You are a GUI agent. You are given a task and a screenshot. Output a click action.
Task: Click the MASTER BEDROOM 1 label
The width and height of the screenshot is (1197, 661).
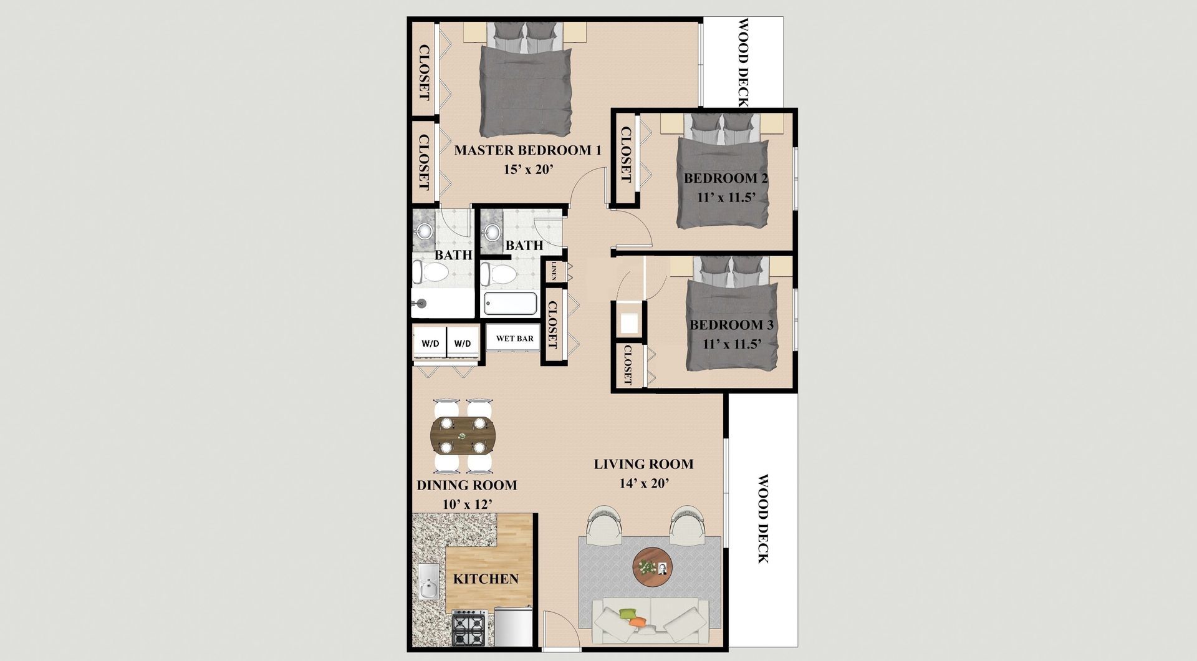coord(527,150)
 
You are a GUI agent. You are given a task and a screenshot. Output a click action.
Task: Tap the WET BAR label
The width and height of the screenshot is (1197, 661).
coord(515,339)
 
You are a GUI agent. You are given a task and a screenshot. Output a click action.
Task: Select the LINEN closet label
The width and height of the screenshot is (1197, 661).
coord(553,271)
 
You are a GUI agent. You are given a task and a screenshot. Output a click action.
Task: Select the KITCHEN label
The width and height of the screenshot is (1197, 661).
coord(486,579)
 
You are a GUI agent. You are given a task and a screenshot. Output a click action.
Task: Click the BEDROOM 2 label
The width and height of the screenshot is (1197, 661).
coord(726,178)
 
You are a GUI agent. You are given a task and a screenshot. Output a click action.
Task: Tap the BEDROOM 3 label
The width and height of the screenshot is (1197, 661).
coord(731,325)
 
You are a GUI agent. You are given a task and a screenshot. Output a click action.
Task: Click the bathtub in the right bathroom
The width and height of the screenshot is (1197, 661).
coord(511,303)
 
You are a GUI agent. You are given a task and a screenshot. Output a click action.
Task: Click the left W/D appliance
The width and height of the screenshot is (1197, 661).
coord(430,343)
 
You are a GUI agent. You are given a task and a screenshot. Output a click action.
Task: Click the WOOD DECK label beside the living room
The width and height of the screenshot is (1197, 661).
coord(764,519)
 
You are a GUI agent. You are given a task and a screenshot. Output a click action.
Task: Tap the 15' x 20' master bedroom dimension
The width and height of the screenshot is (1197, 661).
coord(529,170)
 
